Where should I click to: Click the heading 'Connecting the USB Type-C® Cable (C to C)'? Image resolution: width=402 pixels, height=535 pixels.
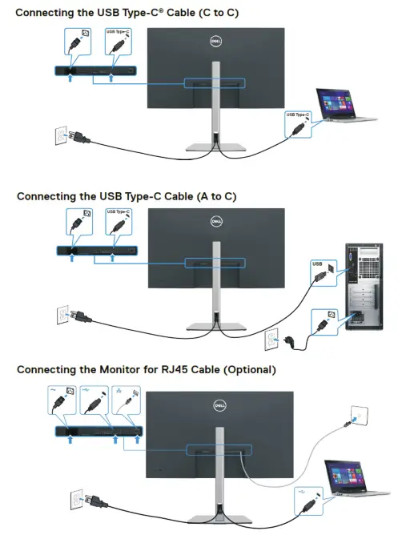coord(127,13)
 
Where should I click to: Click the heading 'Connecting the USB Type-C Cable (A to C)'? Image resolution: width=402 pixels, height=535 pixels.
coord(127,195)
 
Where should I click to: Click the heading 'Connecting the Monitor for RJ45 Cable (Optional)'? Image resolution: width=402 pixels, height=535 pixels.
coord(147,370)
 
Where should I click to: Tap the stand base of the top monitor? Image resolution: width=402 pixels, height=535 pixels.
coord(214,147)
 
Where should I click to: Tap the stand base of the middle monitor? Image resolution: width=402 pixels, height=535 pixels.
coord(214,325)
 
